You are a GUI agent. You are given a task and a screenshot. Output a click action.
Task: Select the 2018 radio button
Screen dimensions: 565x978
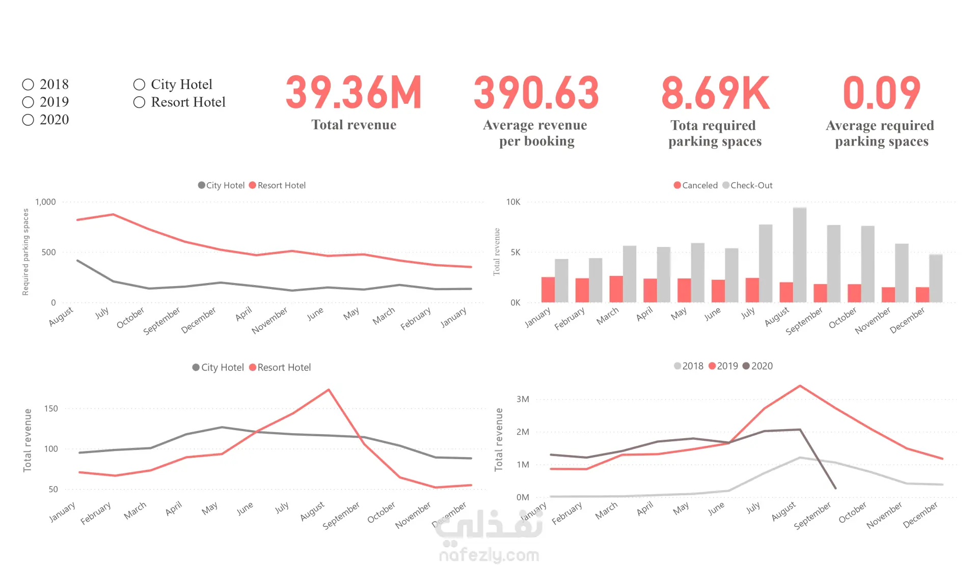click(28, 84)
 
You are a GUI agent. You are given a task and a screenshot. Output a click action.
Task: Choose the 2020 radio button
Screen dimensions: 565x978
click(28, 120)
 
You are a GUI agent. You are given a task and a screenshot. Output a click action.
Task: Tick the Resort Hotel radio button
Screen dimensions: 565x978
click(139, 102)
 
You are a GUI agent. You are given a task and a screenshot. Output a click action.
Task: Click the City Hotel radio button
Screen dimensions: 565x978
click(139, 84)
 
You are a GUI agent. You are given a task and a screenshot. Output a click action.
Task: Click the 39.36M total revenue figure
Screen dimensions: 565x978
click(354, 93)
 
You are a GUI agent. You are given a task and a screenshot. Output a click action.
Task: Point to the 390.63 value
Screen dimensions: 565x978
click(536, 93)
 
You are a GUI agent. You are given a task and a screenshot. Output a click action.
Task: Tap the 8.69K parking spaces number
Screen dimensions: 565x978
click(715, 93)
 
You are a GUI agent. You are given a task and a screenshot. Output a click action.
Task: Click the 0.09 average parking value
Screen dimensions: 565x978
click(881, 93)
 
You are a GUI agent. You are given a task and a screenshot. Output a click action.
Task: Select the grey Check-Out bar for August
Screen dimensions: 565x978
click(800, 255)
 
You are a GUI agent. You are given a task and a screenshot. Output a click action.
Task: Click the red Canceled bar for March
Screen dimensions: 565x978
click(616, 289)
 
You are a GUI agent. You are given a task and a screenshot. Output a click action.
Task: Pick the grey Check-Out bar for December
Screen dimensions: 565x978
click(936, 278)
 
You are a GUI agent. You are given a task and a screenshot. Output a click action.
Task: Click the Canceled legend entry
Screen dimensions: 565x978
click(695, 185)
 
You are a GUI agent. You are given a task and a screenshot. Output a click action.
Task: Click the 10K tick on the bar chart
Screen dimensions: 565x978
click(513, 202)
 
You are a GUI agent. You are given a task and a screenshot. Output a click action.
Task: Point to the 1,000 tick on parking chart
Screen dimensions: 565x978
click(45, 202)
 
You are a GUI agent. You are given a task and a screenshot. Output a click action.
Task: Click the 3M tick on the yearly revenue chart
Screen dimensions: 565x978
click(523, 399)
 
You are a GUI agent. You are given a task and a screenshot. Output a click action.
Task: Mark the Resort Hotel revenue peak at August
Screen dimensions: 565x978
click(329, 390)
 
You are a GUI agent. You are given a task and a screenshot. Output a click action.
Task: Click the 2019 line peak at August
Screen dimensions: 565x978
click(800, 386)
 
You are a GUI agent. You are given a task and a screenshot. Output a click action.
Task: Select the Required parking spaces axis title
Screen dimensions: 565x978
click(25, 252)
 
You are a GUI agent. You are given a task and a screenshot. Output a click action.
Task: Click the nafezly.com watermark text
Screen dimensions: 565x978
click(489, 555)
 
